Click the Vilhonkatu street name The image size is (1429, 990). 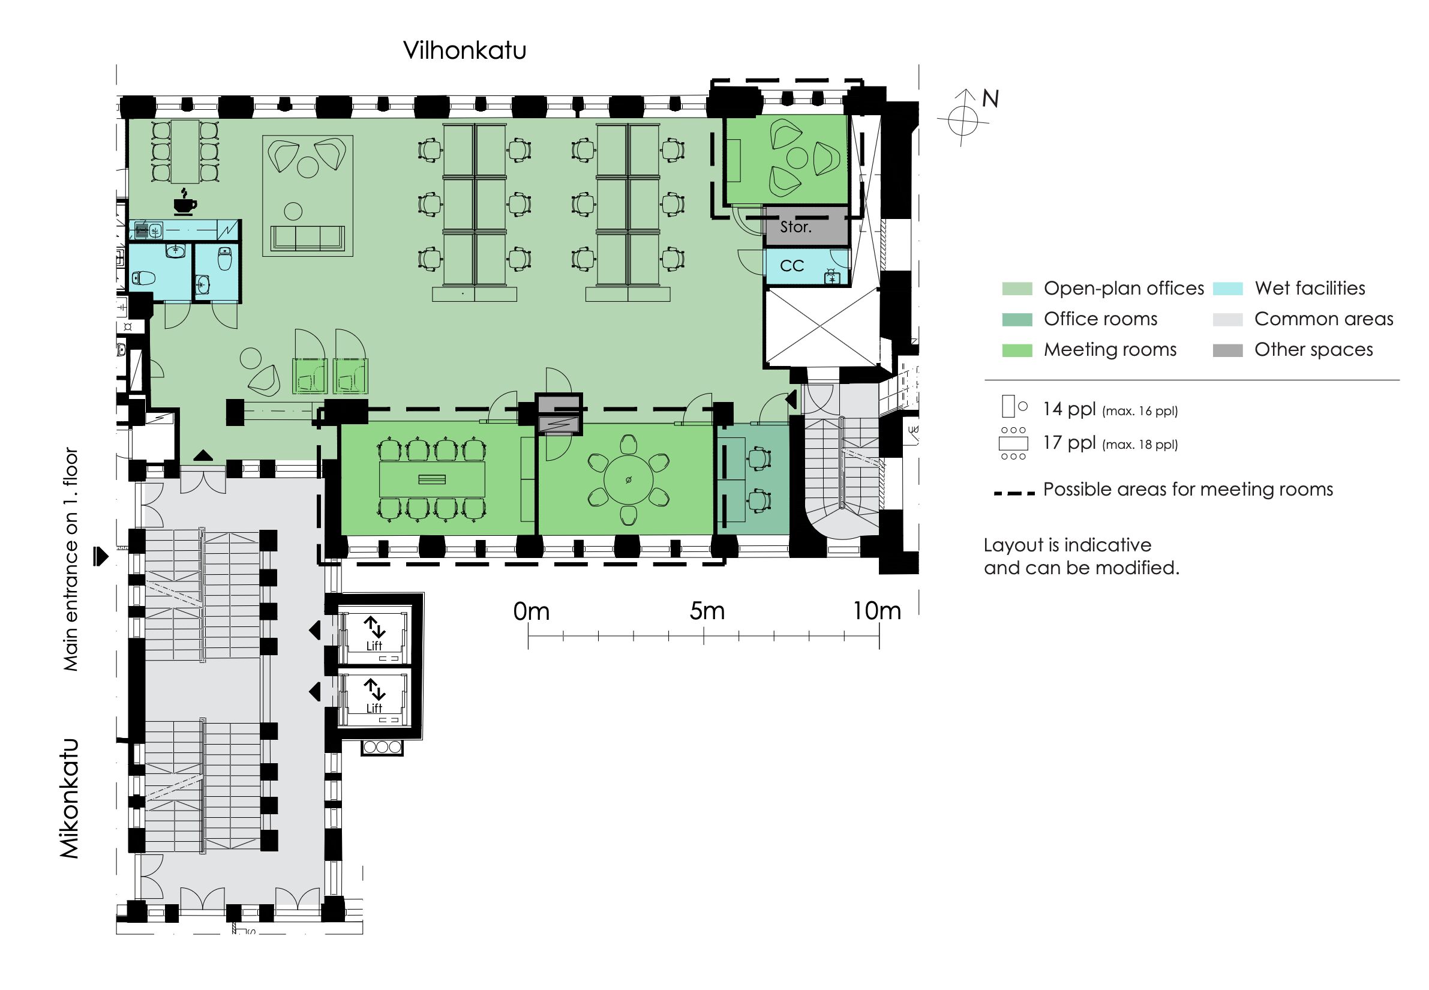[x=464, y=50]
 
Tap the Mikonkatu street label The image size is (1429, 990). [x=70, y=798]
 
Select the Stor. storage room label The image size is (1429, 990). [x=795, y=227]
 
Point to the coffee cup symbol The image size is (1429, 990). [x=185, y=203]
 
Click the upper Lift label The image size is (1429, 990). [x=374, y=646]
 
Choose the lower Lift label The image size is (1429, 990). [x=374, y=709]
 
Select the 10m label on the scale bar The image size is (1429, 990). [x=876, y=611]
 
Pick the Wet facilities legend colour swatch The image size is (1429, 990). [x=1227, y=289]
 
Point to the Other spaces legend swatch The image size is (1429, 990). [x=1227, y=350]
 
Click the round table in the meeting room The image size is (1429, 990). [x=628, y=480]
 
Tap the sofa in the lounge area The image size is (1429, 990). [x=308, y=239]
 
